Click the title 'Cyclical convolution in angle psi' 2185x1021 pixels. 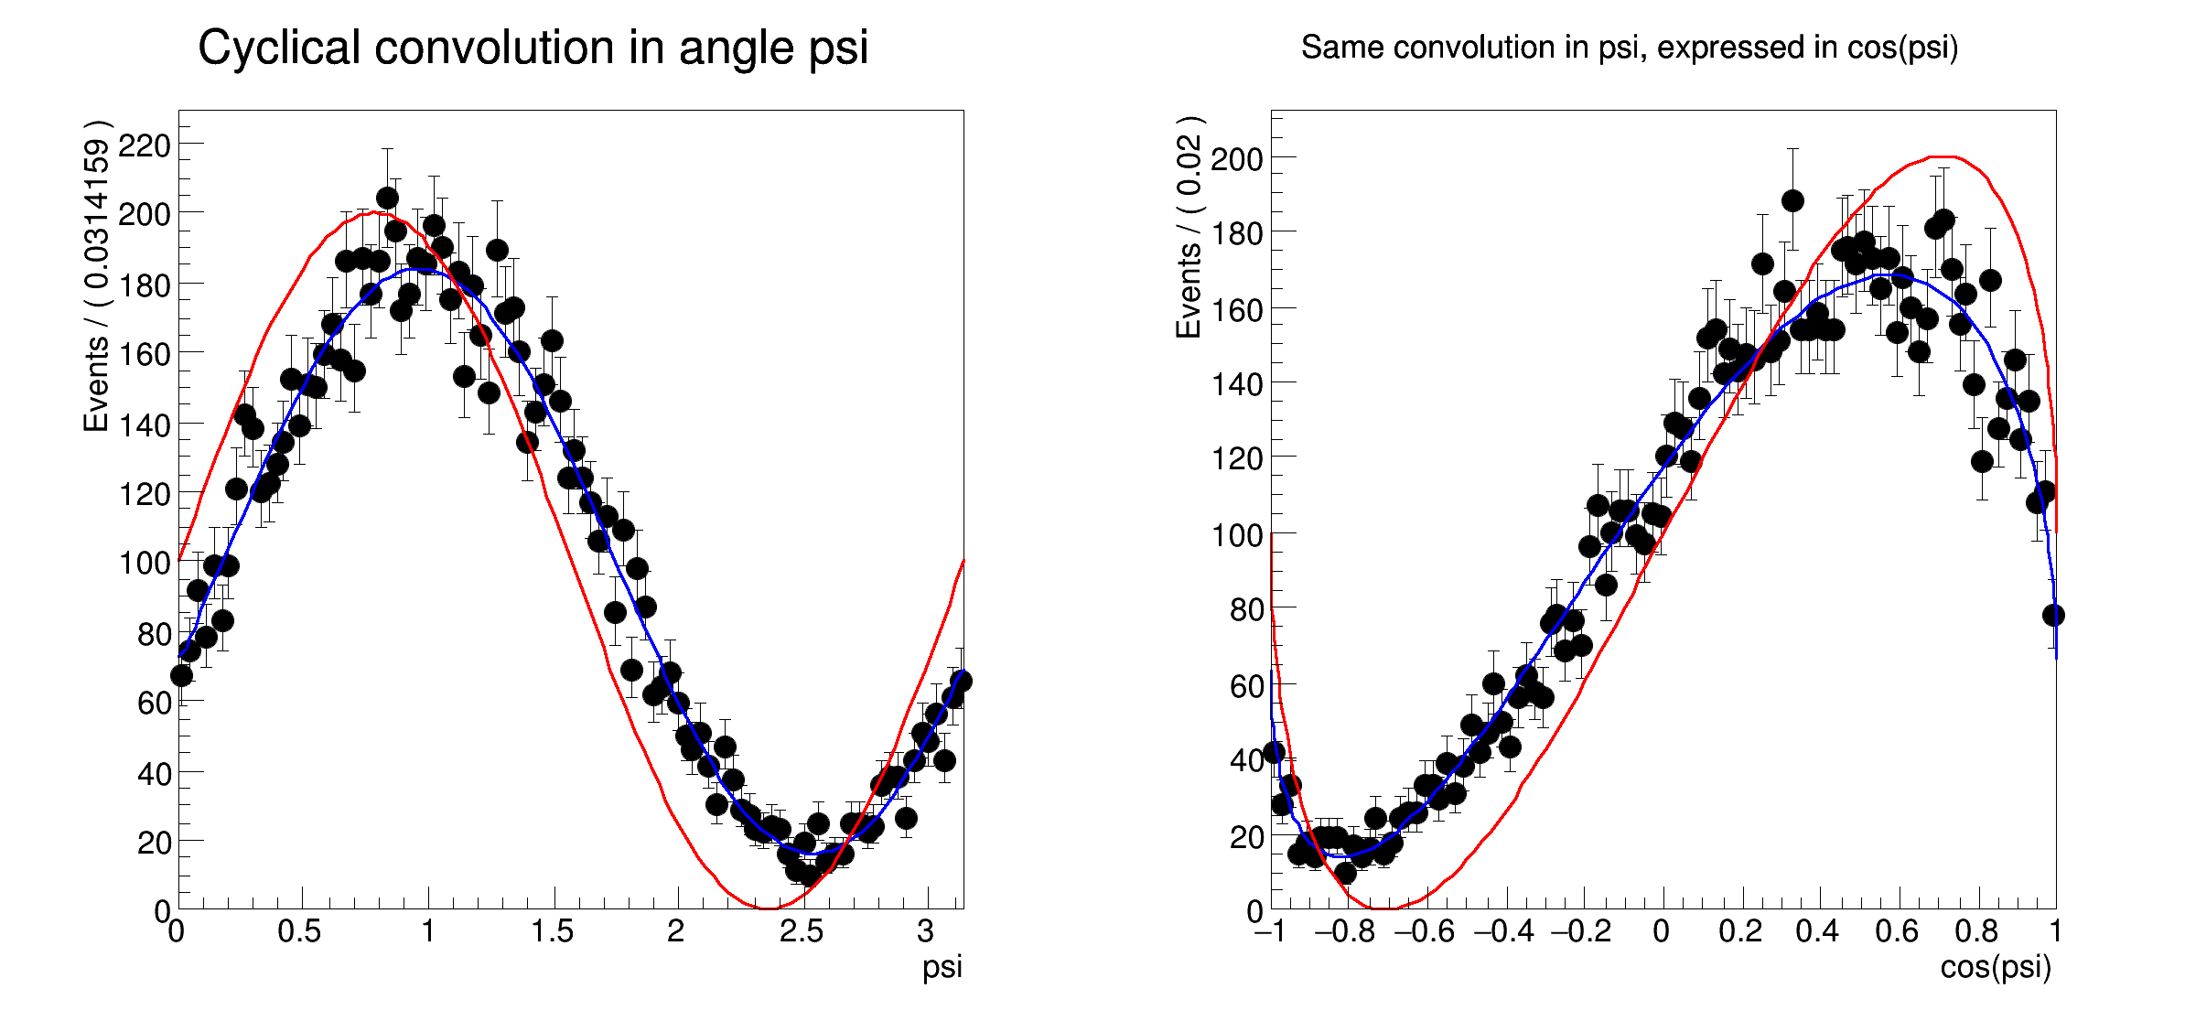coord(533,48)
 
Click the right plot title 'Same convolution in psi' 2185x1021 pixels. coord(1629,48)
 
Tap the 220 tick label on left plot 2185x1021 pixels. coord(145,145)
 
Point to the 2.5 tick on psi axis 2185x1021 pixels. coord(801,931)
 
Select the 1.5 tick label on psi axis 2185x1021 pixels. coord(552,931)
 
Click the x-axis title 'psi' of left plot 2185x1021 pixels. coord(942,967)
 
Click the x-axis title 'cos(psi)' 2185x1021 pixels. coord(1996,967)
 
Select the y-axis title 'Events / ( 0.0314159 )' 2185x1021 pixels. coord(96,275)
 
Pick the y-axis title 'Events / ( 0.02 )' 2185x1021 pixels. coord(1189,228)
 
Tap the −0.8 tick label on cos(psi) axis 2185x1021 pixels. coord(1344,931)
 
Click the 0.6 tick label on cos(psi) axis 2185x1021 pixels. coord(1896,931)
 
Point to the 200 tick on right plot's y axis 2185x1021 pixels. coord(1237,159)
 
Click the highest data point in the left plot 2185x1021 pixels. coord(387,199)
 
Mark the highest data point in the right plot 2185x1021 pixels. coord(1792,200)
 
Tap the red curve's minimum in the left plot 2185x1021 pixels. coord(767,908)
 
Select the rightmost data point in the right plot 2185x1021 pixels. coord(2053,615)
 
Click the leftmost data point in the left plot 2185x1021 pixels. coord(181,675)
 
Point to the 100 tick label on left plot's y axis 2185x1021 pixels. coord(145,563)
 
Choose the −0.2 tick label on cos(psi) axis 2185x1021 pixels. coord(1581,931)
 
